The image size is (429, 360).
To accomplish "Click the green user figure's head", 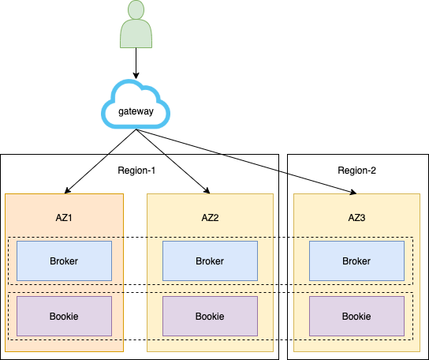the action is pyautogui.click(x=136, y=9).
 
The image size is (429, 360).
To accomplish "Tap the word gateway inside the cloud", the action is pyautogui.click(x=136, y=111).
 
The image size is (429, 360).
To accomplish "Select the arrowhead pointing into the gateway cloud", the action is pyautogui.click(x=136, y=75).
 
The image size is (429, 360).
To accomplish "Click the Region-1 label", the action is pyautogui.click(x=136, y=171).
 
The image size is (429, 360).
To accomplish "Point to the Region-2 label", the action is pyautogui.click(x=356, y=171).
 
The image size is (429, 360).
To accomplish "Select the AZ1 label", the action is pyautogui.click(x=64, y=218).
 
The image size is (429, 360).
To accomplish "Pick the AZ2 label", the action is pyautogui.click(x=210, y=218).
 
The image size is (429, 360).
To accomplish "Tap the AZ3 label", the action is pyautogui.click(x=356, y=218).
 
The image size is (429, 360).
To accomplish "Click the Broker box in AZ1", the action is pyautogui.click(x=65, y=261).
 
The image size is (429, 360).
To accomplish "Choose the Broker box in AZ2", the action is pyautogui.click(x=210, y=261).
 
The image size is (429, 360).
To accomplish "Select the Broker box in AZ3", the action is pyautogui.click(x=356, y=261).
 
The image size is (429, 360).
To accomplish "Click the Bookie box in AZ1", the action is pyautogui.click(x=65, y=316).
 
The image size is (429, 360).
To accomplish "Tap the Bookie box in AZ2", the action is pyautogui.click(x=210, y=316).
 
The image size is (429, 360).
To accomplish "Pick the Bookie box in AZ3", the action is pyautogui.click(x=356, y=316).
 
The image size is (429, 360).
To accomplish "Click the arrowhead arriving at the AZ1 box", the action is pyautogui.click(x=67, y=191).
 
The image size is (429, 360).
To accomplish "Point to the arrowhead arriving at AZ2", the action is pyautogui.click(x=207, y=191).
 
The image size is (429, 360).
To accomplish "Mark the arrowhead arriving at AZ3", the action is pyautogui.click(x=353, y=193).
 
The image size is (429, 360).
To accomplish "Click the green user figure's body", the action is pyautogui.click(x=136, y=34).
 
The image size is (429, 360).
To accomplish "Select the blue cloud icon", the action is pyautogui.click(x=136, y=104).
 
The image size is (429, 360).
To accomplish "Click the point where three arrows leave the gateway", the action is pyautogui.click(x=136, y=129).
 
